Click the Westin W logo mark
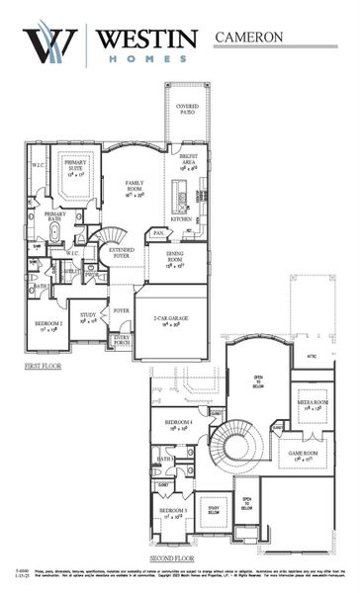tap(49, 44)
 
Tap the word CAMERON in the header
tap(249, 37)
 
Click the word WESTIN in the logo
tap(147, 37)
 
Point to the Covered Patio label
tap(188, 108)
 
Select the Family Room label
tap(135, 187)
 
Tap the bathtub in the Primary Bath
tap(55, 232)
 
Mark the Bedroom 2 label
tap(50, 326)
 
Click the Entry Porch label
tap(122, 340)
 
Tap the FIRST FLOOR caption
tap(44, 366)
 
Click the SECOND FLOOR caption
tap(170, 558)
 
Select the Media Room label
tap(314, 405)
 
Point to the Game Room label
tap(301, 456)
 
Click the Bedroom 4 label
tap(177, 426)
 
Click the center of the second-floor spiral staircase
tap(238, 446)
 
